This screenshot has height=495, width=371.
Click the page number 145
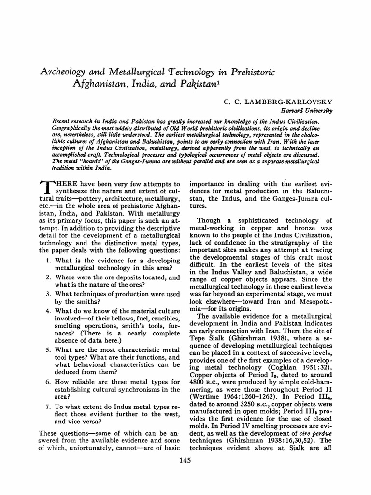[185, 460]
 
